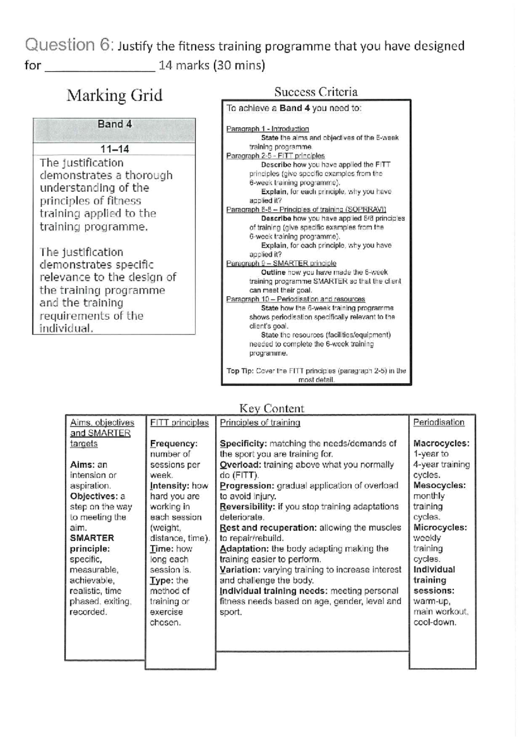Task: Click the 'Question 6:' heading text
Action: point(70,45)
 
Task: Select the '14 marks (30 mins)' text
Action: point(212,66)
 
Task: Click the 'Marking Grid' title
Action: point(114,95)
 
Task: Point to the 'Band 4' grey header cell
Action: point(114,124)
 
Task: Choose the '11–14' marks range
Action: point(114,149)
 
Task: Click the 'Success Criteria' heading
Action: point(316,92)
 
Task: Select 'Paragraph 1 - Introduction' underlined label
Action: point(268,129)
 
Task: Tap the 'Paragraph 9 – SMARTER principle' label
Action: point(281,263)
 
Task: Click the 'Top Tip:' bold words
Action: point(240,371)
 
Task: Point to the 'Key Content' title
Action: point(272,408)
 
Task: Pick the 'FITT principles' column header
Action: point(179,422)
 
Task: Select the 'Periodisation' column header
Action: point(439,422)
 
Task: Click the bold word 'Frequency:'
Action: point(174,444)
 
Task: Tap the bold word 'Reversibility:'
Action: point(247,507)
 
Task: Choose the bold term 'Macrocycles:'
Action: point(441,444)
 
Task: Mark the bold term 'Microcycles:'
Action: point(440,528)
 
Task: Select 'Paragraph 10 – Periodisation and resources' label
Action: point(295,299)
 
